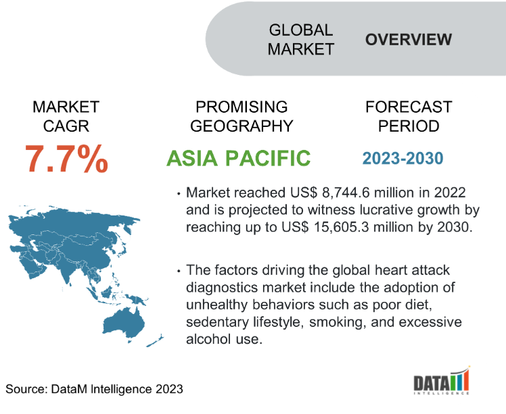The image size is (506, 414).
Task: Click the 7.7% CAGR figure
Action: [x=66, y=159]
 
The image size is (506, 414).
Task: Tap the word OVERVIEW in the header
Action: [x=408, y=39]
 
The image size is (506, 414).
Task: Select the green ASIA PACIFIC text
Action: [x=239, y=158]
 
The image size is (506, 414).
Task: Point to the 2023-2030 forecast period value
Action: [x=402, y=158]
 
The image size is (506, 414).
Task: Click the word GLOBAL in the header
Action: [x=301, y=30]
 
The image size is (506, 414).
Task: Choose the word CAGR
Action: [x=66, y=126]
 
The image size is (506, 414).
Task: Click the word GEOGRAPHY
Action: [x=241, y=126]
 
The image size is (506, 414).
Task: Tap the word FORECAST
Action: [x=409, y=107]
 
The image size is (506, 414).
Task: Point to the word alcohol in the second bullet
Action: [x=208, y=339]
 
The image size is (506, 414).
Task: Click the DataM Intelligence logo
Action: [x=442, y=380]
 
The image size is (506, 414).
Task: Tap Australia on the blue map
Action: [x=124, y=324]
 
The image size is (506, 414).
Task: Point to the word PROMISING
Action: [x=241, y=107]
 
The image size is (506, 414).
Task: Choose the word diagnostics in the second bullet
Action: [x=222, y=288]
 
